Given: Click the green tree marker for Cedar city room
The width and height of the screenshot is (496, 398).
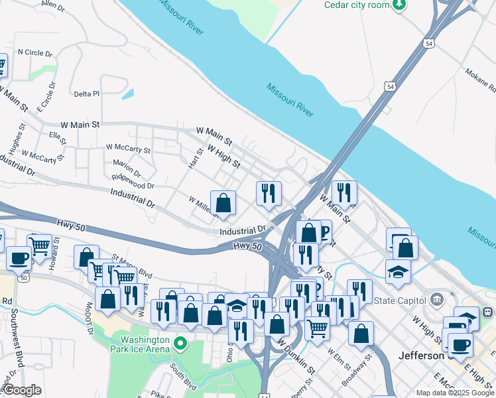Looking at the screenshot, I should tap(399, 6).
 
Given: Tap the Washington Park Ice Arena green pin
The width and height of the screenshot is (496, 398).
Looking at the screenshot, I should tap(180, 344).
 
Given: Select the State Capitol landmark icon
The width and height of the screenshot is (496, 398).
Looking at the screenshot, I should tap(436, 300).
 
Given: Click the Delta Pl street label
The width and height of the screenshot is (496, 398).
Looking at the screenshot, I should tap(86, 94).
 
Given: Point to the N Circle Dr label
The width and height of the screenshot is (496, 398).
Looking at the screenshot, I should tap(34, 52).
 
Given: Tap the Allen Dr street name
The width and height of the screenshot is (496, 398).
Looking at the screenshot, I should tap(52, 7).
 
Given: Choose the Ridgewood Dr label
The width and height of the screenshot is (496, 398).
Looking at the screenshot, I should tap(133, 182).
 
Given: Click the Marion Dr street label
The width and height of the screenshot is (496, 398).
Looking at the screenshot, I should tap(127, 164).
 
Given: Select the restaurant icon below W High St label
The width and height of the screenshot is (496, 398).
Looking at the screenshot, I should tap(269, 194).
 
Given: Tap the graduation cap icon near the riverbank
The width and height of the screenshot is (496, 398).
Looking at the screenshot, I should tap(398, 272).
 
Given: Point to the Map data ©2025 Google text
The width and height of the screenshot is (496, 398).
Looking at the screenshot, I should tap(454, 393).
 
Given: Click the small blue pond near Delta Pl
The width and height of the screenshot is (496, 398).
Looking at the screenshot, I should tap(127, 94).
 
